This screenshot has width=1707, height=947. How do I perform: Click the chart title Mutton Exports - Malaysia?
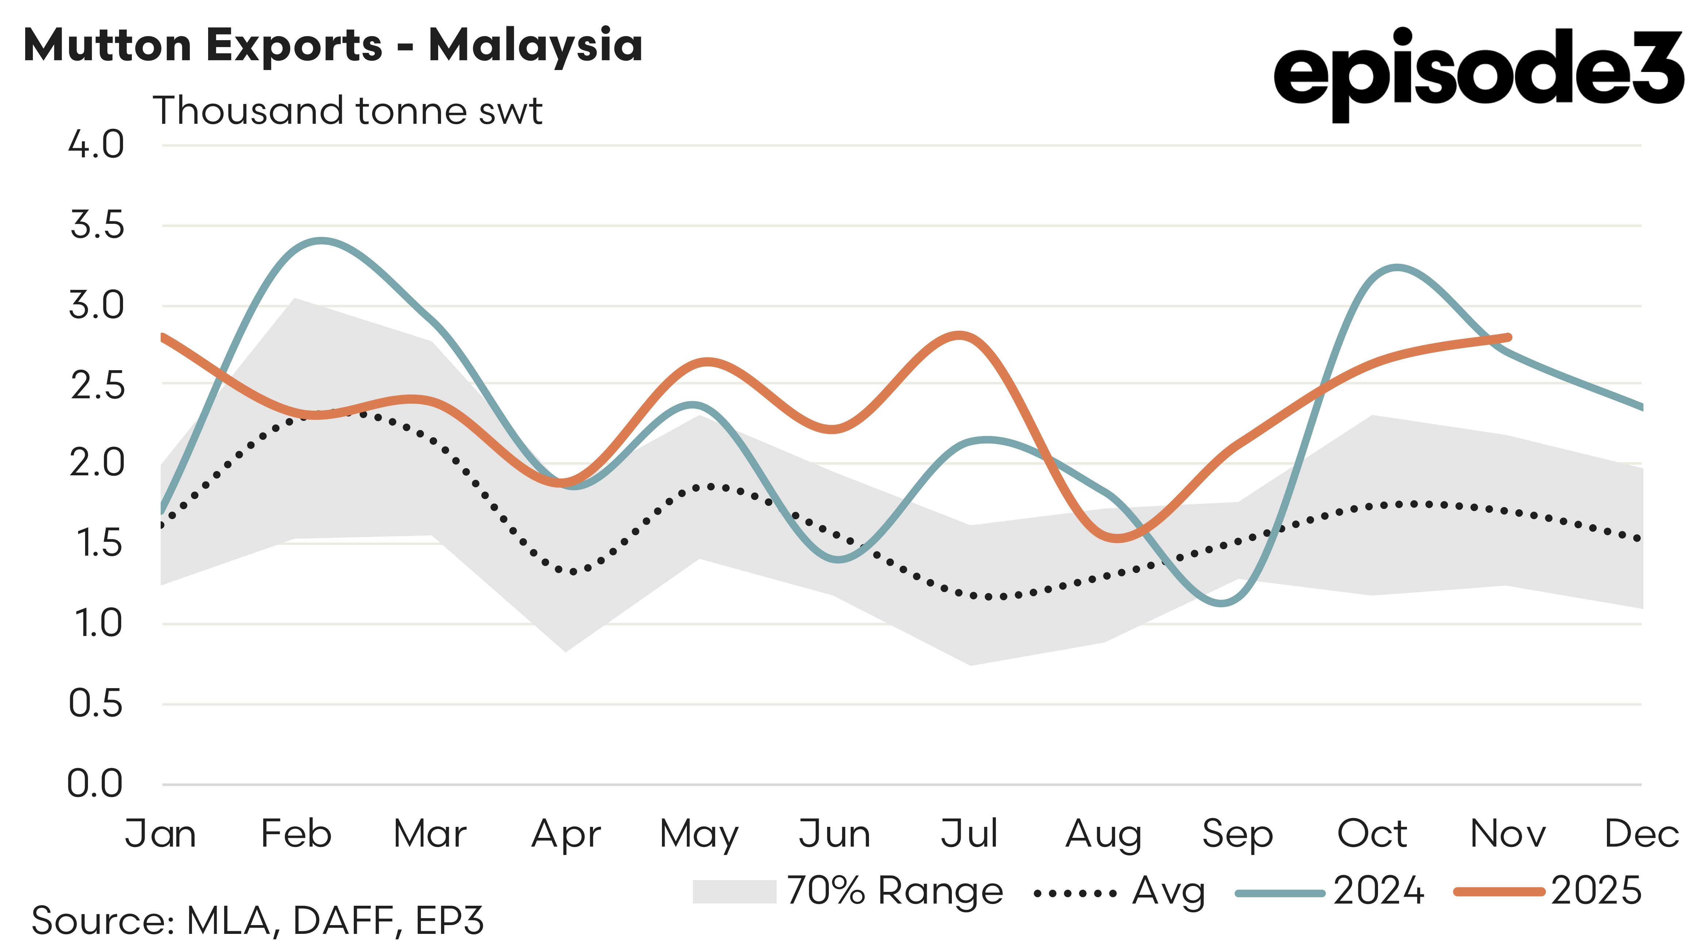[333, 45]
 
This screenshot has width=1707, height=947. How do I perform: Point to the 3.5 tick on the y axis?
[97, 225]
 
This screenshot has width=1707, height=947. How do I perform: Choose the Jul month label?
[969, 834]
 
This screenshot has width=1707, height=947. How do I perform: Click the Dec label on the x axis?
[1641, 834]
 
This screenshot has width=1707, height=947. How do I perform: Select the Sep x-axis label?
[1237, 834]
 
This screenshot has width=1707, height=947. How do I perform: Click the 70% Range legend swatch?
[734, 892]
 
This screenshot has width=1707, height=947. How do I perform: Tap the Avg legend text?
[1168, 892]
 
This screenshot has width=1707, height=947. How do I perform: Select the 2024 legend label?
[1378, 892]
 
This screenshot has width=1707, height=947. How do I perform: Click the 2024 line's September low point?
[1221, 603]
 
